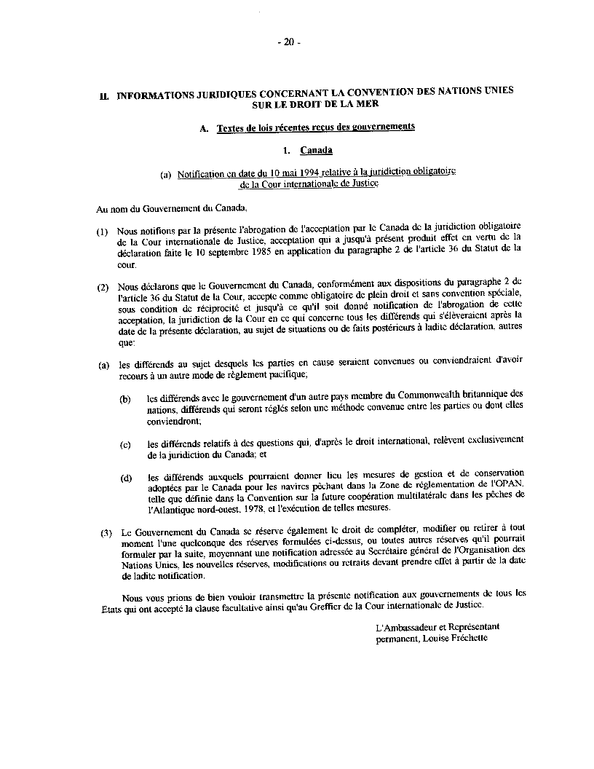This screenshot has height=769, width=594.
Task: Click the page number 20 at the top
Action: (x=288, y=42)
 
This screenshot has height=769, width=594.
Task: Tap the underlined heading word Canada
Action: (x=316, y=151)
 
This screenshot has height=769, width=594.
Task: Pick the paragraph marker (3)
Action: (x=107, y=532)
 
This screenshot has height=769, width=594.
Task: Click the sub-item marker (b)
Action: (x=125, y=399)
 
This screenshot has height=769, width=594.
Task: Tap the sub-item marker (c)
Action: (x=125, y=444)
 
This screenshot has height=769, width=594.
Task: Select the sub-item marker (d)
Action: (x=125, y=478)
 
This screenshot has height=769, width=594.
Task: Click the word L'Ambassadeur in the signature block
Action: (x=401, y=626)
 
